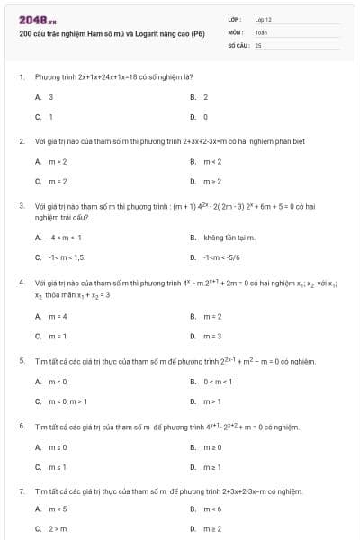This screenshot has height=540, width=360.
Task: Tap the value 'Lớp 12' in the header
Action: [x=263, y=18]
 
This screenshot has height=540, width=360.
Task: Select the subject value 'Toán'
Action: [x=261, y=31]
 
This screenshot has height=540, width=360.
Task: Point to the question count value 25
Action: [x=258, y=43]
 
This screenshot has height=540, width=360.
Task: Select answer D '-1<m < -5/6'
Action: [x=221, y=257]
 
